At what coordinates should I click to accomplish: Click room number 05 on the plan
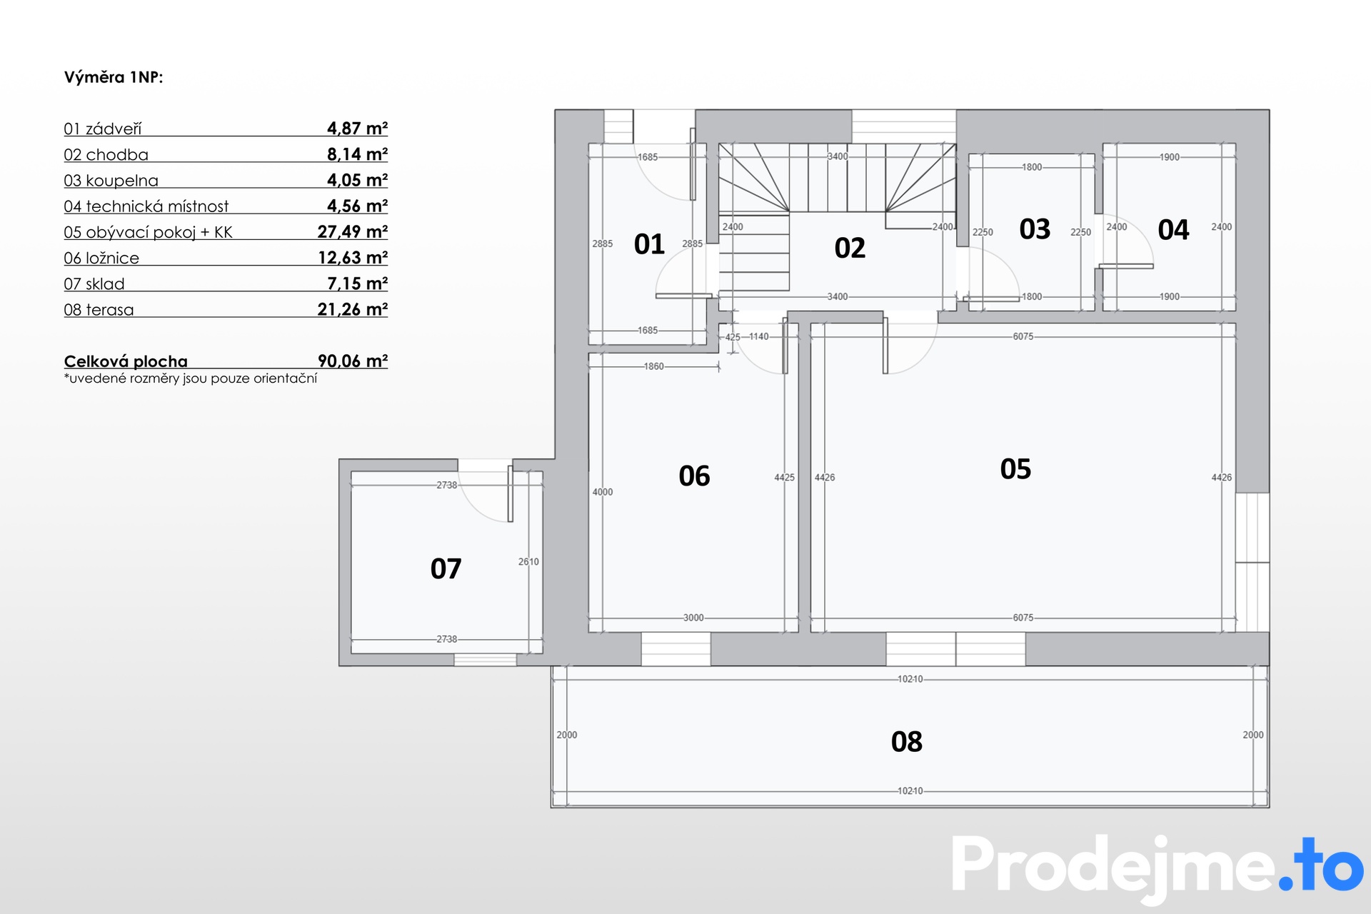tap(1015, 469)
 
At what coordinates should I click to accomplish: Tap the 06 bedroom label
tap(694, 476)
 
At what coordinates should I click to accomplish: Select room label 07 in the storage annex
tap(446, 569)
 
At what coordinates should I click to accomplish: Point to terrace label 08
tap(907, 742)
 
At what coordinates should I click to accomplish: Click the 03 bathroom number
tap(1035, 229)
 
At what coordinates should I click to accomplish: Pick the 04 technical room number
tap(1173, 230)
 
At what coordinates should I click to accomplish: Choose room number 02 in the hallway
tap(850, 248)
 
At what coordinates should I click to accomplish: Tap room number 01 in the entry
tap(649, 244)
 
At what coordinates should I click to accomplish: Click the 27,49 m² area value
tap(353, 231)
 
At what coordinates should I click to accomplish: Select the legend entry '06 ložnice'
tap(101, 258)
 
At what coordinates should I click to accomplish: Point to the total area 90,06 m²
tap(353, 361)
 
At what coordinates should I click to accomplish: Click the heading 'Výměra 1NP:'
tap(114, 77)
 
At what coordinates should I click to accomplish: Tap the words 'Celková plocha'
tap(126, 361)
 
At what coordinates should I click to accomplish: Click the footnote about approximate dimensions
tap(191, 378)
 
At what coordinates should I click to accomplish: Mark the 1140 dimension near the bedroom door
tap(759, 336)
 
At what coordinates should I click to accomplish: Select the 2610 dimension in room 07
tap(528, 562)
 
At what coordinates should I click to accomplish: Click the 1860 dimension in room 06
tap(653, 366)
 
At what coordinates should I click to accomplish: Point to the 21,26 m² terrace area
tap(353, 309)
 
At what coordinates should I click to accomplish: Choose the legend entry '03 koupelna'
tap(111, 181)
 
